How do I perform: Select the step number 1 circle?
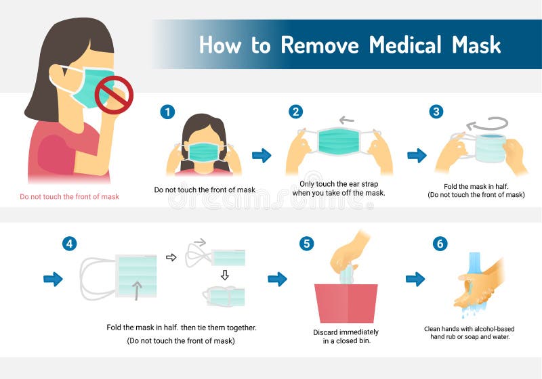(x=167, y=112)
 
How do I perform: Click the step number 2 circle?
(x=295, y=112)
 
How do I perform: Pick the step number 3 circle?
(x=436, y=112)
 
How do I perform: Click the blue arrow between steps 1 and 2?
(x=262, y=156)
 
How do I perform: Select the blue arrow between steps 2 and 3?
(x=417, y=156)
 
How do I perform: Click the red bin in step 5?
(x=346, y=303)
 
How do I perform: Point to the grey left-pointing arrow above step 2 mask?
(x=346, y=121)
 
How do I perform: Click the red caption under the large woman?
(x=69, y=197)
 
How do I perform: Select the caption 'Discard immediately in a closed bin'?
(x=346, y=336)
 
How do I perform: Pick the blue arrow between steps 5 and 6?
(x=415, y=278)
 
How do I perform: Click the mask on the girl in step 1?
(x=204, y=152)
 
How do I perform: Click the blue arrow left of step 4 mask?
(x=53, y=278)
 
